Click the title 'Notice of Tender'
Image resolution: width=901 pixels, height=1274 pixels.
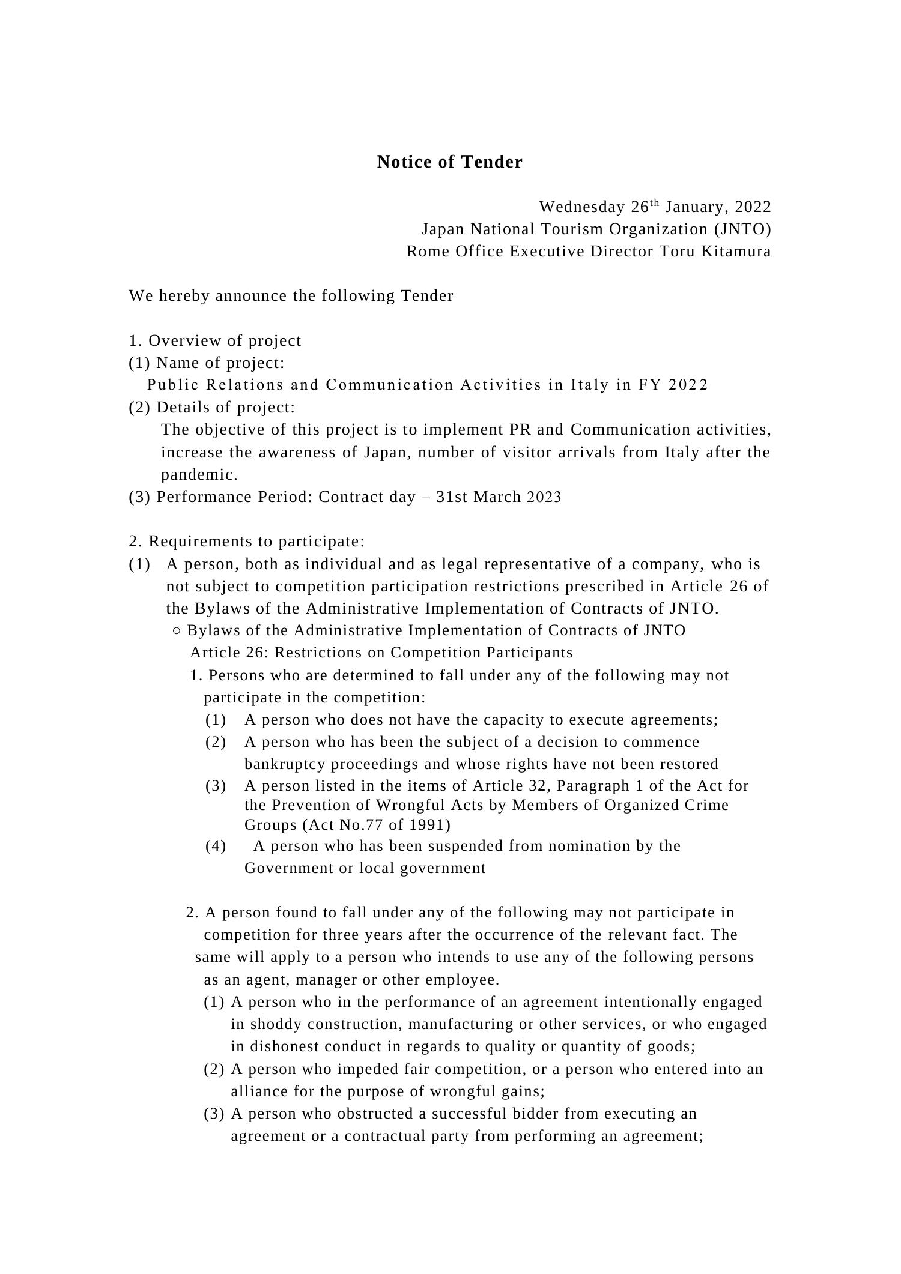pyautogui.click(x=449, y=162)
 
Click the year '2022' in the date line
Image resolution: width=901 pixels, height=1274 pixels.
pyautogui.click(x=753, y=207)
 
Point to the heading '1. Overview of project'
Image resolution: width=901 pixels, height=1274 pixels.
pyautogui.click(x=215, y=341)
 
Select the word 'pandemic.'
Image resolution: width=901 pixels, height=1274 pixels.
pyautogui.click(x=199, y=475)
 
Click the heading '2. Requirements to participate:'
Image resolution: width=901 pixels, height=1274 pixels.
pyautogui.click(x=246, y=542)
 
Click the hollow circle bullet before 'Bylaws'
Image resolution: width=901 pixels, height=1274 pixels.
pyautogui.click(x=176, y=631)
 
